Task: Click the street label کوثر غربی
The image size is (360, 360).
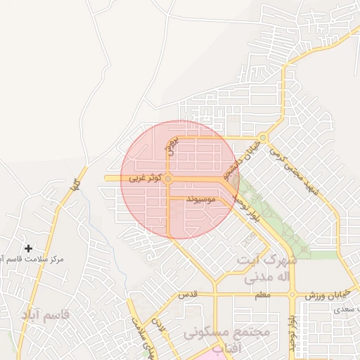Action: coord(146,179)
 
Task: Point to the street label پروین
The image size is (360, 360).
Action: coord(174,146)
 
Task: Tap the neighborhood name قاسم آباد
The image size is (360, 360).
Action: coord(46,315)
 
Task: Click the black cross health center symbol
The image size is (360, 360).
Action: coord(28,248)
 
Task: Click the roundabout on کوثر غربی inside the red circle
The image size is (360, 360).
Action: coord(169,179)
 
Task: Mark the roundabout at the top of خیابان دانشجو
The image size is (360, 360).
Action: coord(263,138)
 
